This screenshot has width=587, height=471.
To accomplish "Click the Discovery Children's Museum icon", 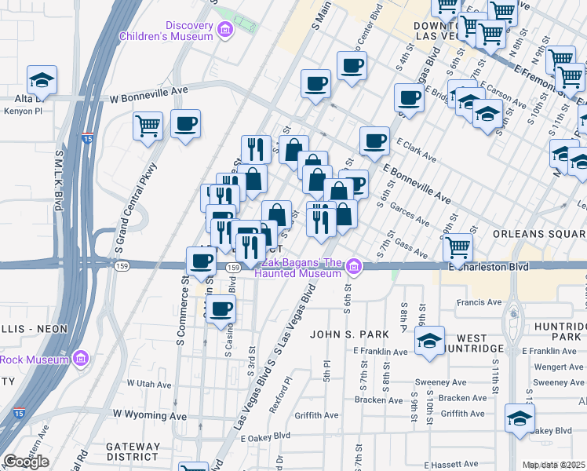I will tap(226, 31).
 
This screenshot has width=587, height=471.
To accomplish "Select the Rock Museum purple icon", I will tap(79, 360).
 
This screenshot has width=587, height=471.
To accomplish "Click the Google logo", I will tap(26, 462).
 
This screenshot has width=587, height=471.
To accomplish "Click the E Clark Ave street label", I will tap(417, 151).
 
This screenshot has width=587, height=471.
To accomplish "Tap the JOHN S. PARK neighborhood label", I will tap(349, 334).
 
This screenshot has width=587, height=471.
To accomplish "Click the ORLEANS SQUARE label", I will tap(539, 234).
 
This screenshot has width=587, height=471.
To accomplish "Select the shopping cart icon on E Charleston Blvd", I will tap(458, 247).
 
